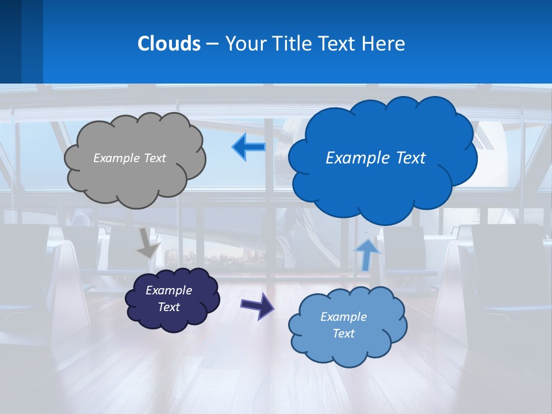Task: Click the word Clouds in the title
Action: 168,44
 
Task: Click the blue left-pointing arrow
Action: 249,147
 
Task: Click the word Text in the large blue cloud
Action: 408,158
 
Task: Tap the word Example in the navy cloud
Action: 168,290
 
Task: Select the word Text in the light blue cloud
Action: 343,333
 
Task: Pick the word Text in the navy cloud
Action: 168,307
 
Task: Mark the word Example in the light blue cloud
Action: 343,317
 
